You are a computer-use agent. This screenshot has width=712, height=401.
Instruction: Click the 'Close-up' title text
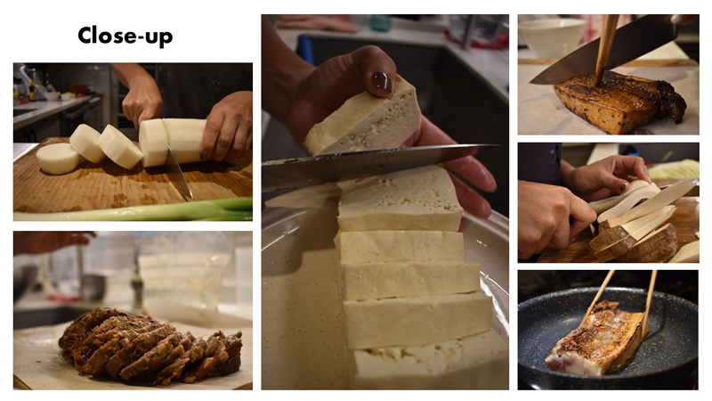(125, 36)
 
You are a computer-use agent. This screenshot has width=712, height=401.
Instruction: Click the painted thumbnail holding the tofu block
(382, 82)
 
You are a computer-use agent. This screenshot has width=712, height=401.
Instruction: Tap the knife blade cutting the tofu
(372, 165)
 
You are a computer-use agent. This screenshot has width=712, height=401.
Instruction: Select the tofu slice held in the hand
(364, 119)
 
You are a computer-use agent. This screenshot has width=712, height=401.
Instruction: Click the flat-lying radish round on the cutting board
(58, 159)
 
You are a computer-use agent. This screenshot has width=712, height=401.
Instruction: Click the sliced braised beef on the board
(150, 346)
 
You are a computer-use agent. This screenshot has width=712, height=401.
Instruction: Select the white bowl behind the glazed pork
(552, 37)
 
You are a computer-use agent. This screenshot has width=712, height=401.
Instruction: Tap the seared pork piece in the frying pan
(595, 338)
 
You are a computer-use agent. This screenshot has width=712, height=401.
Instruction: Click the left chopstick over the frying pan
(597, 295)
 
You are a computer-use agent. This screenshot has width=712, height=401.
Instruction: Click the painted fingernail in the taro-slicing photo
(624, 186)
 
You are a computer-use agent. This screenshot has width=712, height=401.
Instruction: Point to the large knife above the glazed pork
(604, 50)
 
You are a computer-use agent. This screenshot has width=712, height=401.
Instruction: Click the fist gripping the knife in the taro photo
(553, 217)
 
